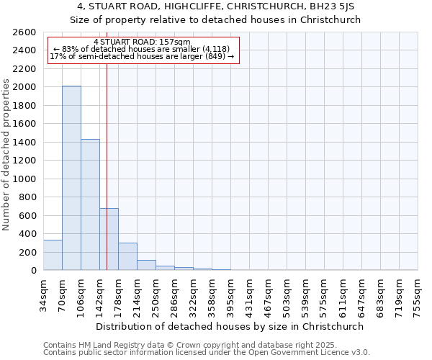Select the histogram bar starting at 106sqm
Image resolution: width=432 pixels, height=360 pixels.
(x=90, y=204)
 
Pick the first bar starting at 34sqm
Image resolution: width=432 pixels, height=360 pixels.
(x=53, y=255)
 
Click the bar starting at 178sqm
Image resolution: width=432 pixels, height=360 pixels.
(x=127, y=256)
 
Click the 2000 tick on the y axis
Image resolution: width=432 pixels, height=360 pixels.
(x=24, y=87)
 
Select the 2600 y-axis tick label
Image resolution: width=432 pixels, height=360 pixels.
(x=24, y=32)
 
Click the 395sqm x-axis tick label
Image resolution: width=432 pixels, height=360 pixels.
(x=231, y=293)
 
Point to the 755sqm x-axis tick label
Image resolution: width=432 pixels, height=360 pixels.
(x=418, y=293)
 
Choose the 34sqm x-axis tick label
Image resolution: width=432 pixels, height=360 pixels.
(x=44, y=293)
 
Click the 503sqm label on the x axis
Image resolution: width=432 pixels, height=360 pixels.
(x=287, y=293)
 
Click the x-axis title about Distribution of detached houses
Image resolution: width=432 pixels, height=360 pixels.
(x=230, y=326)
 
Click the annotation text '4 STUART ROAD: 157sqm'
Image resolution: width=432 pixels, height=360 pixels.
(x=142, y=42)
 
